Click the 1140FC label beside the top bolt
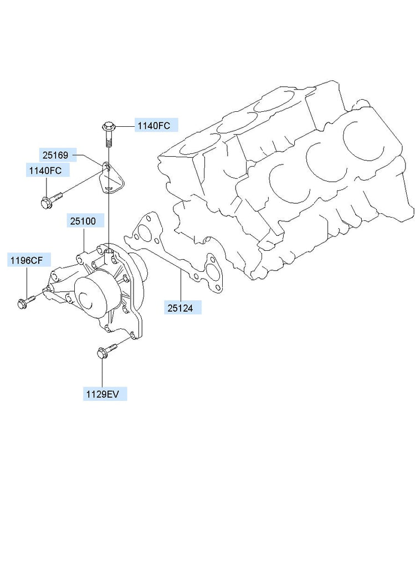tap(154, 126)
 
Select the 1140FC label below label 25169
tap(45, 171)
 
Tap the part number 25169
tap(55, 155)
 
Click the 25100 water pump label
tap(83, 221)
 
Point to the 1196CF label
tap(27, 260)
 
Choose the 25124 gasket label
tap(180, 308)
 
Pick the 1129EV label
tap(103, 394)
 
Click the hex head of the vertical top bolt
tap(108, 127)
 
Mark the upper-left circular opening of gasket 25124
tap(145, 232)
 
